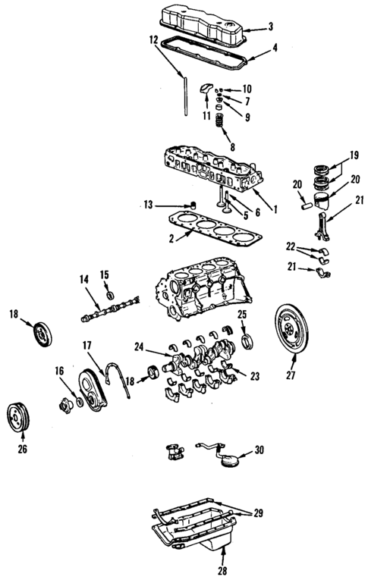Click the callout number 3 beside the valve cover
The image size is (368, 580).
[270, 27]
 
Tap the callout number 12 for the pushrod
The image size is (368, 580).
[153, 39]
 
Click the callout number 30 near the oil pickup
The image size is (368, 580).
[259, 450]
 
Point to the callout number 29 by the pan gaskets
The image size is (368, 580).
[259, 514]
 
